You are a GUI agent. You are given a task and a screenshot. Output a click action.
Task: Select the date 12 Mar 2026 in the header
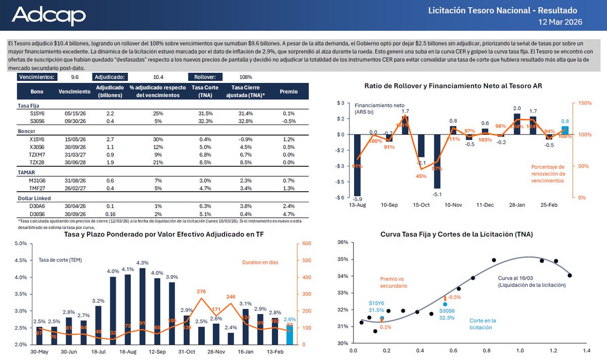coord(560,22)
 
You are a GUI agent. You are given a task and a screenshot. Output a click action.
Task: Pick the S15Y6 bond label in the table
coord(37,113)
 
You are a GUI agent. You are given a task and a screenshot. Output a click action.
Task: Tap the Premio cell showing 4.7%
coord(289,213)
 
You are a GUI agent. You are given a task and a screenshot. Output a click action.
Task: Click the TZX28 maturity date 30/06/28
coord(71,163)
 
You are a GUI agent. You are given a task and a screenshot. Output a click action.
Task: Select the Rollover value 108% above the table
coord(245,77)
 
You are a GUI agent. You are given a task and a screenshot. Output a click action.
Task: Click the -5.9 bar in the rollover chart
coord(358,165)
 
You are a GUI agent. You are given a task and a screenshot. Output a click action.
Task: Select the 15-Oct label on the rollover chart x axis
coord(421,206)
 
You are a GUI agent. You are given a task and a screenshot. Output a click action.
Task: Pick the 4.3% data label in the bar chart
coord(142,263)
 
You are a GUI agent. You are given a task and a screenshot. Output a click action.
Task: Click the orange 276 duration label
coord(201,292)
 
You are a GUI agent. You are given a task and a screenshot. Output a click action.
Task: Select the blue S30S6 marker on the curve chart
coord(445,304)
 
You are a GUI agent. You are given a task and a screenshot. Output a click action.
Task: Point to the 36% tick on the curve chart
coord(342,242)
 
